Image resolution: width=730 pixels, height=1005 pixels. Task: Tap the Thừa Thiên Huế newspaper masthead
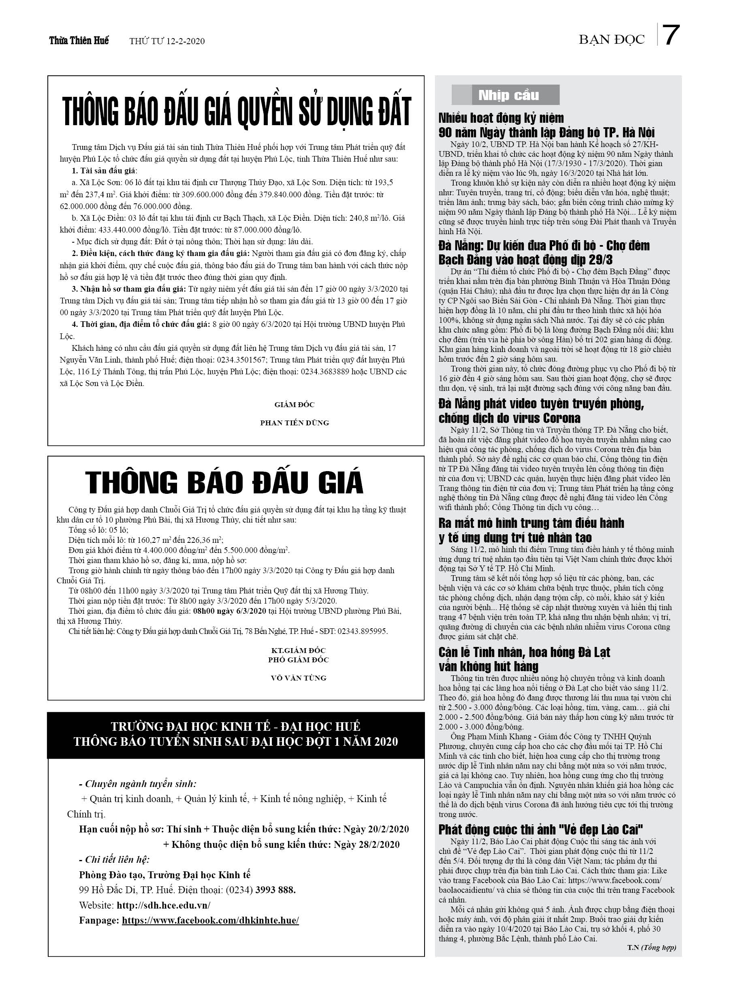[79, 41]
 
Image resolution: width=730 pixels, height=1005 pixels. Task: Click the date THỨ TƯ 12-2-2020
[167, 41]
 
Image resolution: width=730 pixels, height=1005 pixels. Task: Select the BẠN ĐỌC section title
[611, 40]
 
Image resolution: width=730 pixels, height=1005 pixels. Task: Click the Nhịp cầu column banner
[508, 95]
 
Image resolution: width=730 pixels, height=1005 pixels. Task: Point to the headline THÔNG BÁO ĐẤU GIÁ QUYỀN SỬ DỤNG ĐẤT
[237, 111]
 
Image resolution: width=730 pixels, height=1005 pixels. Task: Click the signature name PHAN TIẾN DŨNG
[294, 423]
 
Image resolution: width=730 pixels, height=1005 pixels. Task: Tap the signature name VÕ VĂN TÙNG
[298, 678]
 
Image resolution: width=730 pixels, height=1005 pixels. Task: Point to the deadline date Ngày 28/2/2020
[367, 845]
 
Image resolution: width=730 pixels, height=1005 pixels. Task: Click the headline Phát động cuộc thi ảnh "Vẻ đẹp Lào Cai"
[541, 830]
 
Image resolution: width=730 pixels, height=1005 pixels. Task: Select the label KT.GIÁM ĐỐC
[298, 651]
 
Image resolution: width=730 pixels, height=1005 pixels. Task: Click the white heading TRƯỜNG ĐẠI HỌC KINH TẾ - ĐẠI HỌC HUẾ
[235, 726]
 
